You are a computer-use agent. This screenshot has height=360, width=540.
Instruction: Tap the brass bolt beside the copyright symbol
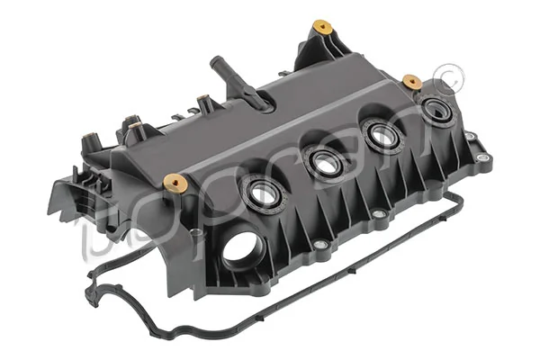[412, 82]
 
